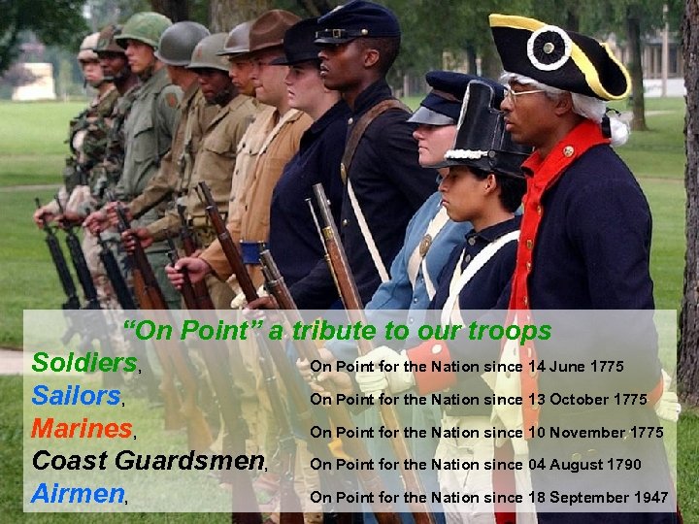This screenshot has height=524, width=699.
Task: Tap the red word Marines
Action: coord(82,428)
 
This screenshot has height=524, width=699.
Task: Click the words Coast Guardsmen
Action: coord(148,461)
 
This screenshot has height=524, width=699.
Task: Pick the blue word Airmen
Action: coord(78,493)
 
